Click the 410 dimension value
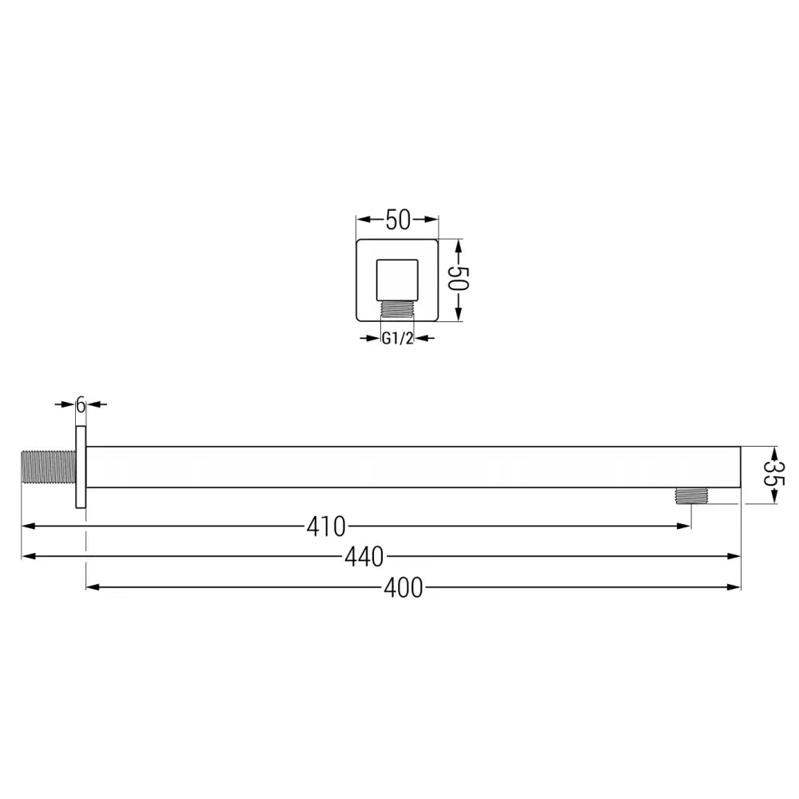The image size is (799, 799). click(326, 527)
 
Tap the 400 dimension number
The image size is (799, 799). click(403, 588)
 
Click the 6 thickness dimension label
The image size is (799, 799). click(80, 404)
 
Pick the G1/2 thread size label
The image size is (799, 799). click(396, 338)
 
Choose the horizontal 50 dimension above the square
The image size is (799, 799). click(397, 219)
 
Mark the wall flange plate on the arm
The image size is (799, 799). click(80, 467)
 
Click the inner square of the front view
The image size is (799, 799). click(397, 279)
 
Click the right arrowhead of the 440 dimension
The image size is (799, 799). click(734, 556)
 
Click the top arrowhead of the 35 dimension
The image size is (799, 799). click(773, 451)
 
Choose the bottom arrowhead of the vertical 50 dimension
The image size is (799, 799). click(457, 315)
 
